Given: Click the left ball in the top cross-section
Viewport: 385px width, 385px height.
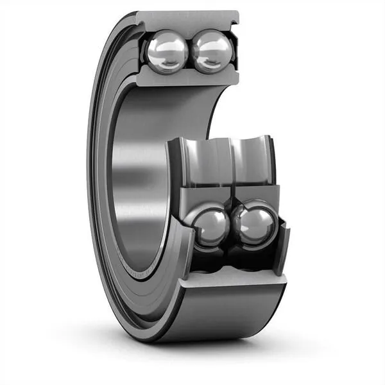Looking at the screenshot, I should [166, 51].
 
